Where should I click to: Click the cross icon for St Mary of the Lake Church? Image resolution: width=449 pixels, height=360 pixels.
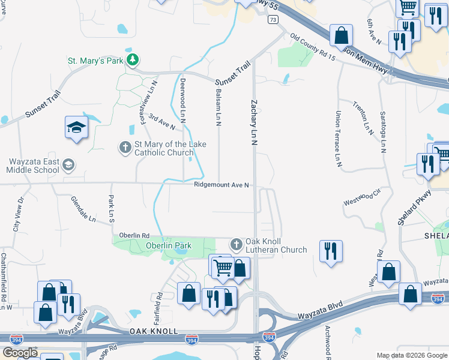pos(125,147)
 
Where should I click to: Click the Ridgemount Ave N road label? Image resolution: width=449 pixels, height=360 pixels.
pos(221,185)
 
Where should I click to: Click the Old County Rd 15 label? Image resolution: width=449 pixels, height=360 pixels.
pos(312,45)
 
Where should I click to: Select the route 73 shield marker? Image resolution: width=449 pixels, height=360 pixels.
pos(273,19)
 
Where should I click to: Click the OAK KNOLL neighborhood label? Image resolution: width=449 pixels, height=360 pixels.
pos(154,332)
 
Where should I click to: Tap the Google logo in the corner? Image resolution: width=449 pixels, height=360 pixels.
pos(20,353)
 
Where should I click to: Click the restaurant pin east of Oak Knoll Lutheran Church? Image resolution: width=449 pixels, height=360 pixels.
pos(331,251)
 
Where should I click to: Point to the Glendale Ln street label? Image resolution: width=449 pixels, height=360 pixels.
pos(83,209)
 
